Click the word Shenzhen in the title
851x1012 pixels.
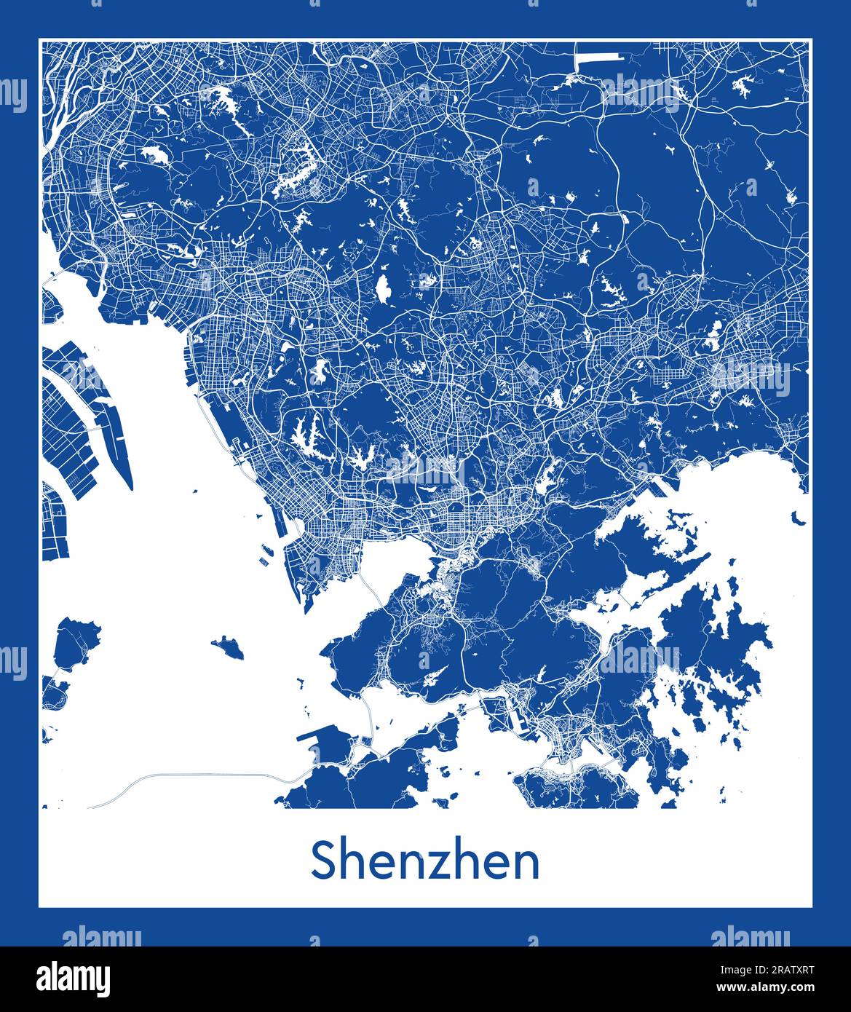click(425, 861)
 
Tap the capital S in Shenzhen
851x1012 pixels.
click(324, 861)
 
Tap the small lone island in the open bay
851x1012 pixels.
click(229, 647)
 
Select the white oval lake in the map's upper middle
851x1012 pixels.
click(381, 288)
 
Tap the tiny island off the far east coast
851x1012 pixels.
click(799, 519)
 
